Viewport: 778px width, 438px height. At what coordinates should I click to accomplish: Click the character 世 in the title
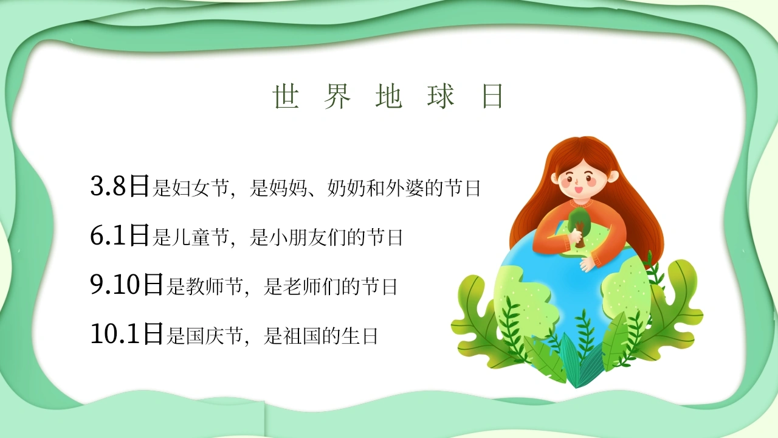[286, 96]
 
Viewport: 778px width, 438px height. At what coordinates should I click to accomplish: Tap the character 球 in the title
[441, 96]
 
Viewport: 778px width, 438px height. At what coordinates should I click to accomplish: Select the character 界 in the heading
[337, 96]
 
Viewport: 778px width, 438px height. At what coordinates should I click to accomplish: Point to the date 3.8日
[120, 186]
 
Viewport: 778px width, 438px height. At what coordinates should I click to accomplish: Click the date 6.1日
[120, 235]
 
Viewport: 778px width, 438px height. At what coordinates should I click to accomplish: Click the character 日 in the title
[492, 96]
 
